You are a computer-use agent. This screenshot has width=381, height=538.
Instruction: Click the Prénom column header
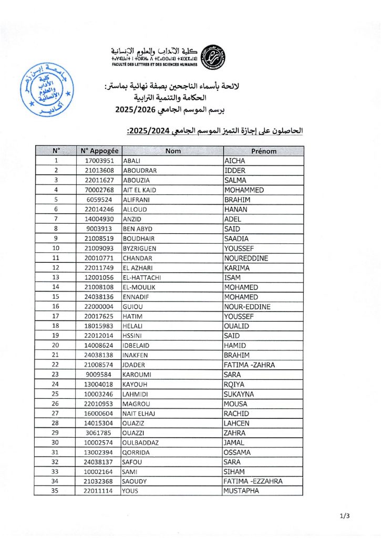(x=263, y=151)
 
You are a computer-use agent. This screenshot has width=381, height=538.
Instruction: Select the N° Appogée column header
(x=97, y=151)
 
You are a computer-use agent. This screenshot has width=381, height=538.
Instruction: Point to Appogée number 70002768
(x=100, y=190)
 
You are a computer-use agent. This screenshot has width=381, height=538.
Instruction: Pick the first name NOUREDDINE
(x=246, y=258)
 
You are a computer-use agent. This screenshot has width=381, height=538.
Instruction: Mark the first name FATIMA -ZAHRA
(x=249, y=365)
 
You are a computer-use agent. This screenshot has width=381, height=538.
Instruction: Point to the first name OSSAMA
(x=238, y=452)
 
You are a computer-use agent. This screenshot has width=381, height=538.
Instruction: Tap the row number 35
(x=55, y=491)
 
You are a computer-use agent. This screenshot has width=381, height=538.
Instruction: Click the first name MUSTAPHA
(x=241, y=491)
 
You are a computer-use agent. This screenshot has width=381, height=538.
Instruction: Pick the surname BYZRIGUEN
(x=139, y=249)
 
